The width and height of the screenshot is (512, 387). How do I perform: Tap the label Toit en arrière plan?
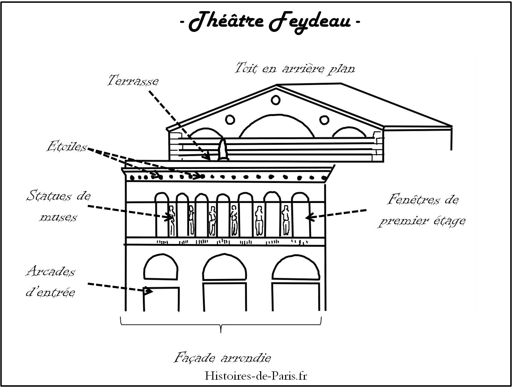tap(295, 68)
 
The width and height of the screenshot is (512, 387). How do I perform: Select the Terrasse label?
tap(133, 81)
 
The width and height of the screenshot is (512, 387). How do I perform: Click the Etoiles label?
tap(67, 147)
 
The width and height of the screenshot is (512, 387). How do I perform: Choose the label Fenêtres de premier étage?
tap(421, 210)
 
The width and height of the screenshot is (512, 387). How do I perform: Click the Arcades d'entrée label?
tap(51, 281)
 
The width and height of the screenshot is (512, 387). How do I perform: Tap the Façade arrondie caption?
tap(222, 357)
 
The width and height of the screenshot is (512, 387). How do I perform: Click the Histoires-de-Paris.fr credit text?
tap(256, 376)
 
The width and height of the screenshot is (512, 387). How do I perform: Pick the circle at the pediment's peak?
tap(276, 100)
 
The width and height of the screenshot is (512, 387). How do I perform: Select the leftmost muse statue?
tap(171, 220)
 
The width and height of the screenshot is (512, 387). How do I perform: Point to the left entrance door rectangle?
tap(161, 299)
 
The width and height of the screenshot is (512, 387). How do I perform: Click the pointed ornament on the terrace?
tap(222, 150)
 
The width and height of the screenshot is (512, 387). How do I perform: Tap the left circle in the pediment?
tap(229, 120)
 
